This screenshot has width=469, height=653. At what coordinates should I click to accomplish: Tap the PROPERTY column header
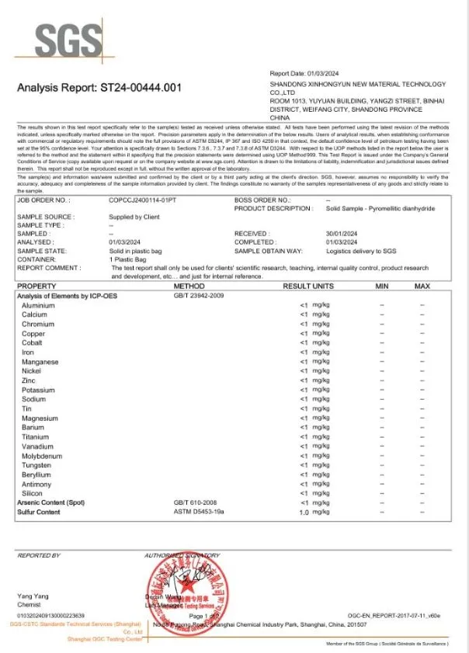coord(36,287)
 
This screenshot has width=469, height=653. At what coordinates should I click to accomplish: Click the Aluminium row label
coord(38,306)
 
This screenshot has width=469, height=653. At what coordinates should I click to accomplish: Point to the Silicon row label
coord(33,494)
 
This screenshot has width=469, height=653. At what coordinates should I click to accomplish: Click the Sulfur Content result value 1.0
coord(304,512)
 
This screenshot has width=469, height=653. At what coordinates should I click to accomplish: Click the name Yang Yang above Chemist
coord(32,596)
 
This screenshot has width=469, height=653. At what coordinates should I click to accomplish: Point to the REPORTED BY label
coord(39,556)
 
